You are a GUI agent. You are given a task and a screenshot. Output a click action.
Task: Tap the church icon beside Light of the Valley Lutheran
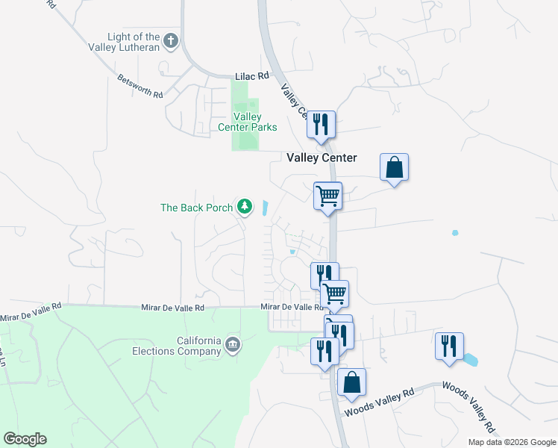(171, 40)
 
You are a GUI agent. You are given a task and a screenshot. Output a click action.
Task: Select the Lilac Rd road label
(251, 76)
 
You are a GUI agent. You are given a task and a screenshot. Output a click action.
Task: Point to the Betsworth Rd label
(139, 85)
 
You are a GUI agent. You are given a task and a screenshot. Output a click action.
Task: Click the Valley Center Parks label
(247, 122)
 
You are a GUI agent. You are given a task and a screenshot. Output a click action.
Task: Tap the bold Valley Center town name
(322, 158)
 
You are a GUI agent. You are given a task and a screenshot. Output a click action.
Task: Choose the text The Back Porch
(196, 208)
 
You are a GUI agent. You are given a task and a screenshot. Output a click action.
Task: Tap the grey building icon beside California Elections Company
(232, 344)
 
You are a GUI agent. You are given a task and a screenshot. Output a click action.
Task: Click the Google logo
(25, 439)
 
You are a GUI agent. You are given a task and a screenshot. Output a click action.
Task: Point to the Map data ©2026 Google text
(511, 442)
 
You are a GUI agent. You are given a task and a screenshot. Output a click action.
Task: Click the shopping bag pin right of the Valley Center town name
(394, 167)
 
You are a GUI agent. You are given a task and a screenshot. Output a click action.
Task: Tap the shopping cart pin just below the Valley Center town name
(327, 196)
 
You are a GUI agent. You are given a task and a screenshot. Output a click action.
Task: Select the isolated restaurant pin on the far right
(449, 346)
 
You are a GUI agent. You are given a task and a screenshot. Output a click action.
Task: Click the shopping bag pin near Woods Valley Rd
(351, 382)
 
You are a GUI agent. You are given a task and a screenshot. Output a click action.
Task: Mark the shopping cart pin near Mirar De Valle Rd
(334, 293)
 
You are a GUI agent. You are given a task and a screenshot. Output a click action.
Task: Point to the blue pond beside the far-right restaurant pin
(470, 360)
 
